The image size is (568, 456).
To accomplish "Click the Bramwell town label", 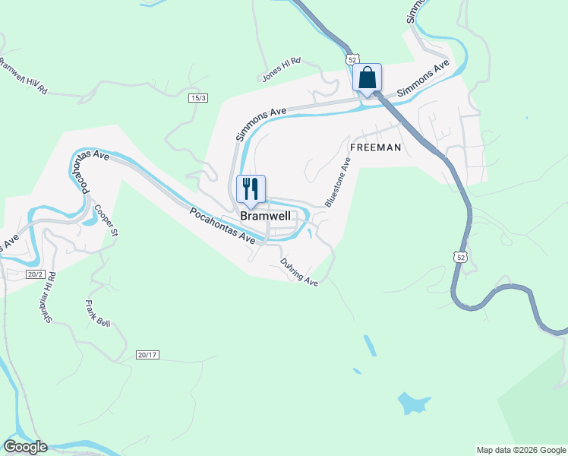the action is [x=265, y=217].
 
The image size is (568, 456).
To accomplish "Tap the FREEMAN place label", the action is [x=374, y=147].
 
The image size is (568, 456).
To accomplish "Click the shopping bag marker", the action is [x=367, y=78].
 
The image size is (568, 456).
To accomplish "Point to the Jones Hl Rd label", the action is [x=281, y=70].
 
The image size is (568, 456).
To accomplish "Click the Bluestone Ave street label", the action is [x=338, y=182].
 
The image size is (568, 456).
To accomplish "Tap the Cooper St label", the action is [x=106, y=221].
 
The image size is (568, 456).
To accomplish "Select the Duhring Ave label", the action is [x=298, y=271].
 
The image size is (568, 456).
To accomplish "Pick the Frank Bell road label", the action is [x=97, y=312].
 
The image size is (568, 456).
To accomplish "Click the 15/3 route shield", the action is [x=199, y=98].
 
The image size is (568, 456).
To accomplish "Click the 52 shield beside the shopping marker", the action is [x=351, y=59].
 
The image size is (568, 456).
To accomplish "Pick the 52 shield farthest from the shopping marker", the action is [x=461, y=258].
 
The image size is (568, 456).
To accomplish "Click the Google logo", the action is [x=25, y=447].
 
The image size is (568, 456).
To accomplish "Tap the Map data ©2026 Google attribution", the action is [x=521, y=450].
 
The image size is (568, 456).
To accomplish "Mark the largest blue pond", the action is [x=414, y=402].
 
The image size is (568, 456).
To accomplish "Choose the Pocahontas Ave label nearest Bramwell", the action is [x=222, y=226].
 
